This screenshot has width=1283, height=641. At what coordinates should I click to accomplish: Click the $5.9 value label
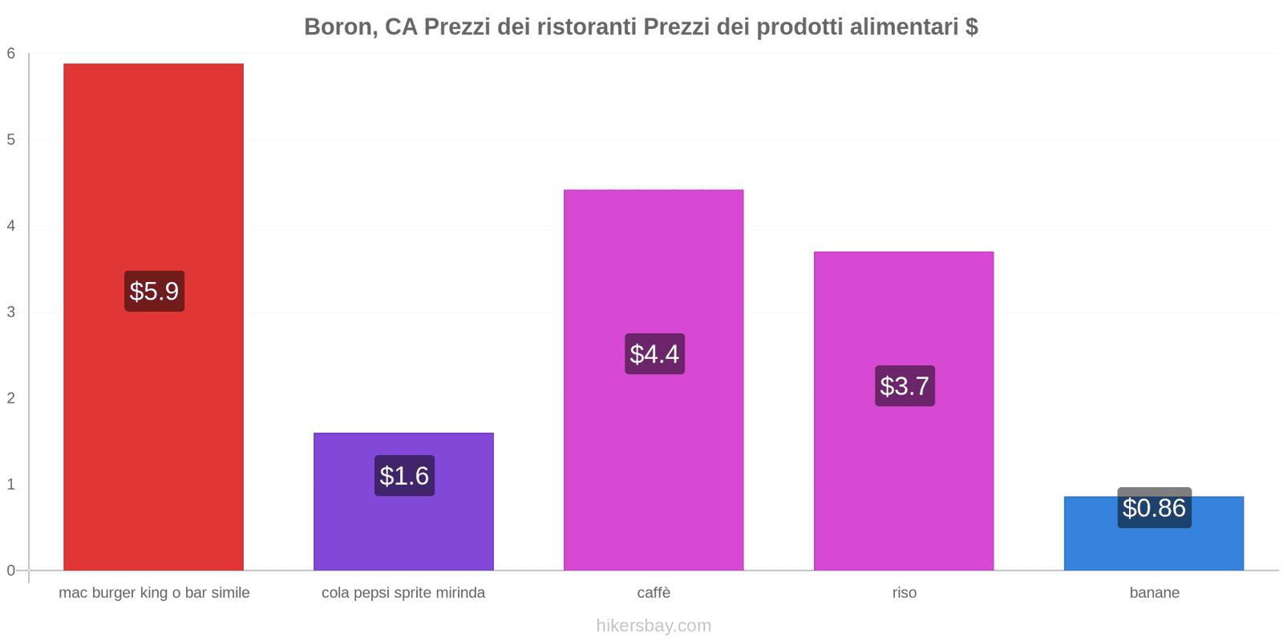tap(154, 291)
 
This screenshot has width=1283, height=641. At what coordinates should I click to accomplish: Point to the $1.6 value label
tap(404, 476)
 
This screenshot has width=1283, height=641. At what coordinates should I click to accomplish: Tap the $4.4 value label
tap(654, 354)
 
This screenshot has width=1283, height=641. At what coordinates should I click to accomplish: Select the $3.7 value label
tap(905, 386)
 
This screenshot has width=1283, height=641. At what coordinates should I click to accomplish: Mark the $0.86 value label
tap(1154, 508)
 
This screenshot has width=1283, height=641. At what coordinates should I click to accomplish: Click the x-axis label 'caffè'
tap(654, 593)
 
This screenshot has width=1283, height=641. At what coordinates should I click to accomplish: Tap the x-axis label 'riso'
tap(904, 593)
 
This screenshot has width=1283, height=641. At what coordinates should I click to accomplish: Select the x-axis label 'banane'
tap(1154, 593)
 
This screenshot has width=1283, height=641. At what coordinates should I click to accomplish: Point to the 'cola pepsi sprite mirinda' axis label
tap(403, 593)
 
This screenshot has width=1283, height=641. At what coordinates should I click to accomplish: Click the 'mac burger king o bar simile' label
tap(154, 593)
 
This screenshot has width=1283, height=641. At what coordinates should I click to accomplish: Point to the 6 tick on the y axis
tap(11, 54)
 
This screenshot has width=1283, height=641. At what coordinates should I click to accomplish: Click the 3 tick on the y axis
tap(11, 312)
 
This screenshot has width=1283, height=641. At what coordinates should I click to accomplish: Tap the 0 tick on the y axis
tap(11, 570)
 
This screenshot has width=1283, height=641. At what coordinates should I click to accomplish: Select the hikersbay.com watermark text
tap(654, 626)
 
